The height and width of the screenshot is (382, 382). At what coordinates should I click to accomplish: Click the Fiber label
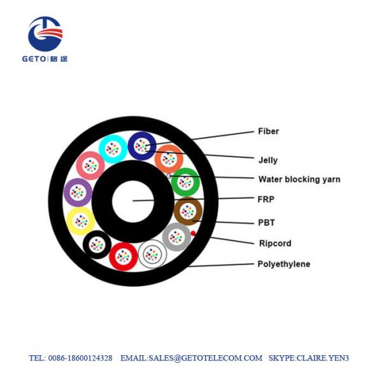[x=268, y=132]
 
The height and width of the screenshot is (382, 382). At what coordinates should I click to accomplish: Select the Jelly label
[x=267, y=160]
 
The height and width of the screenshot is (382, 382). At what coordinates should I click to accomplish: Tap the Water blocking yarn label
[x=299, y=180]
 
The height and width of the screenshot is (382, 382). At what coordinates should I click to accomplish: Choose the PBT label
[x=266, y=223]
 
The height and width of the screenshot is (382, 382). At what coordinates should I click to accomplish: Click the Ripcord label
[x=274, y=243]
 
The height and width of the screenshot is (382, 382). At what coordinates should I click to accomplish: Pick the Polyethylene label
[x=283, y=264]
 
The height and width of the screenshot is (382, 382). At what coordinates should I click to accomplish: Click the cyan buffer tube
[x=113, y=149]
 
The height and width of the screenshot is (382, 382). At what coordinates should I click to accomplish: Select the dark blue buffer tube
[x=141, y=146]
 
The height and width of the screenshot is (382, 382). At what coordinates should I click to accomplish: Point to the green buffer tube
[x=185, y=183]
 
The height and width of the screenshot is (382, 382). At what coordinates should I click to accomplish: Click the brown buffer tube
[x=188, y=211]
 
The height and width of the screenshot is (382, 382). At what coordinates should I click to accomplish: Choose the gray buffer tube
[x=176, y=237]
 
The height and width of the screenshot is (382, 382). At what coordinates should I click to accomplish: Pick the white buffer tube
[x=152, y=255]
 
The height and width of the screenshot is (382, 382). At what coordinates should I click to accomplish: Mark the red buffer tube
[x=124, y=257]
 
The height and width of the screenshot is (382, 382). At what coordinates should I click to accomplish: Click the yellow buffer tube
[x=81, y=221]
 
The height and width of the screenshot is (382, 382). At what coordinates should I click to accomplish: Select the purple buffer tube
[x=78, y=192]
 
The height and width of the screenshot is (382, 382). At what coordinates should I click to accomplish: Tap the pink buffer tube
[x=90, y=166]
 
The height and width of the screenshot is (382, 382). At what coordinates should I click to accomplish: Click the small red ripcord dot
[x=193, y=234]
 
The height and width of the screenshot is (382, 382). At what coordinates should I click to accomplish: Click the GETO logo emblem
[x=45, y=34]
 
